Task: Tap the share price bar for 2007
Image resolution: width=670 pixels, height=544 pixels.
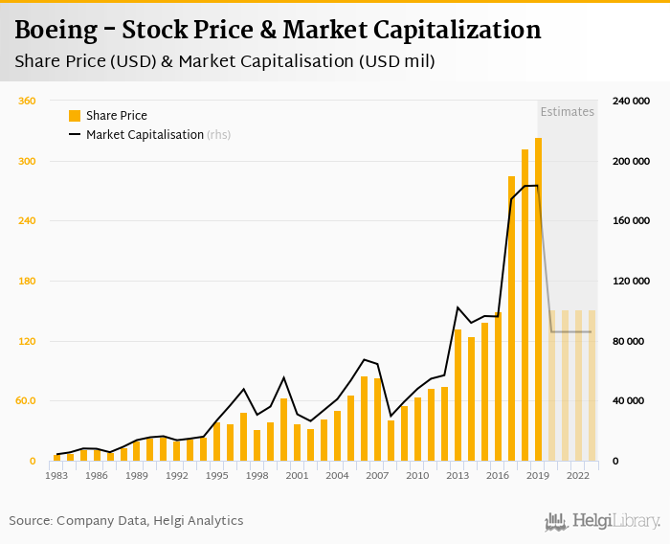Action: pyautogui.click(x=378, y=419)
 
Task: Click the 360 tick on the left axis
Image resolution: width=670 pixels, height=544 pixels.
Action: pyautogui.click(x=27, y=101)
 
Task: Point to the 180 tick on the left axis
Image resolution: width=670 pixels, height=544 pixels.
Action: pyautogui.click(x=27, y=281)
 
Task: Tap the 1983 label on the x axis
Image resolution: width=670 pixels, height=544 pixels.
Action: pyautogui.click(x=56, y=475)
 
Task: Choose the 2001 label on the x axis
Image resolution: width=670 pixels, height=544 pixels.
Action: pyautogui.click(x=298, y=475)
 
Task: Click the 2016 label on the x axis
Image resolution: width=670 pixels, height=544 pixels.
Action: pyautogui.click(x=499, y=475)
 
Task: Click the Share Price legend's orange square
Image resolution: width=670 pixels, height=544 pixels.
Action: pyautogui.click(x=75, y=116)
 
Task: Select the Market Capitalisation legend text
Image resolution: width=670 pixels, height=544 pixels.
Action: pyautogui.click(x=145, y=135)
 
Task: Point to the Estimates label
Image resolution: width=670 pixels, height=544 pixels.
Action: pyautogui.click(x=568, y=112)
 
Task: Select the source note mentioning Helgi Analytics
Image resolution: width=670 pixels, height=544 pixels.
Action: pyautogui.click(x=126, y=521)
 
